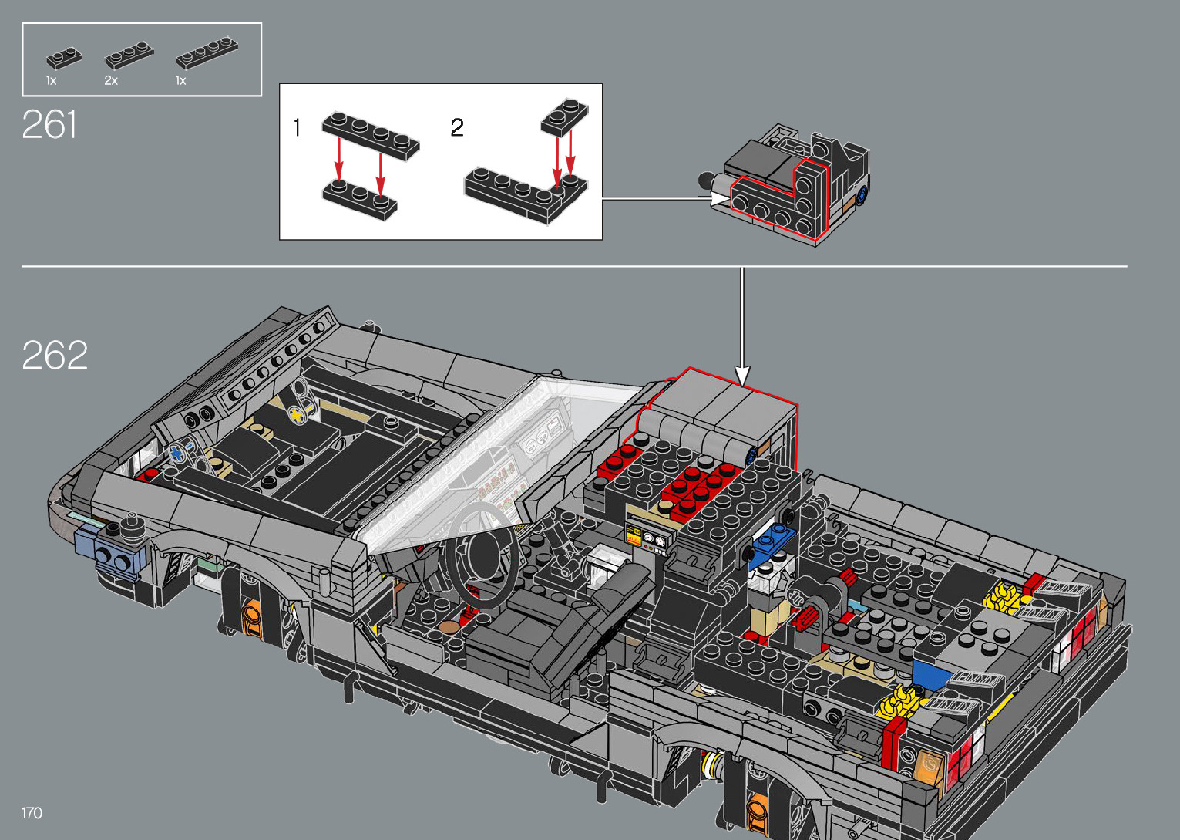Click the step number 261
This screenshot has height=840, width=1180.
[x=49, y=124]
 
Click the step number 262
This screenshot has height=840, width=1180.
[x=55, y=355]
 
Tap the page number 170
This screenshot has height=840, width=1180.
[x=32, y=812]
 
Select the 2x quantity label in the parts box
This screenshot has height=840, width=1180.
[x=111, y=81]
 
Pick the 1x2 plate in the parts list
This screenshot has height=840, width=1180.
[x=64, y=58]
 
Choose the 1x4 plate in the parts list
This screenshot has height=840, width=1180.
[x=207, y=52]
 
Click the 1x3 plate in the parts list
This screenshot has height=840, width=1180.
[x=129, y=55]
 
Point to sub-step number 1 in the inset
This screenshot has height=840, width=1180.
[x=297, y=127]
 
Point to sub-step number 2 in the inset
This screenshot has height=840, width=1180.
[x=457, y=127]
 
